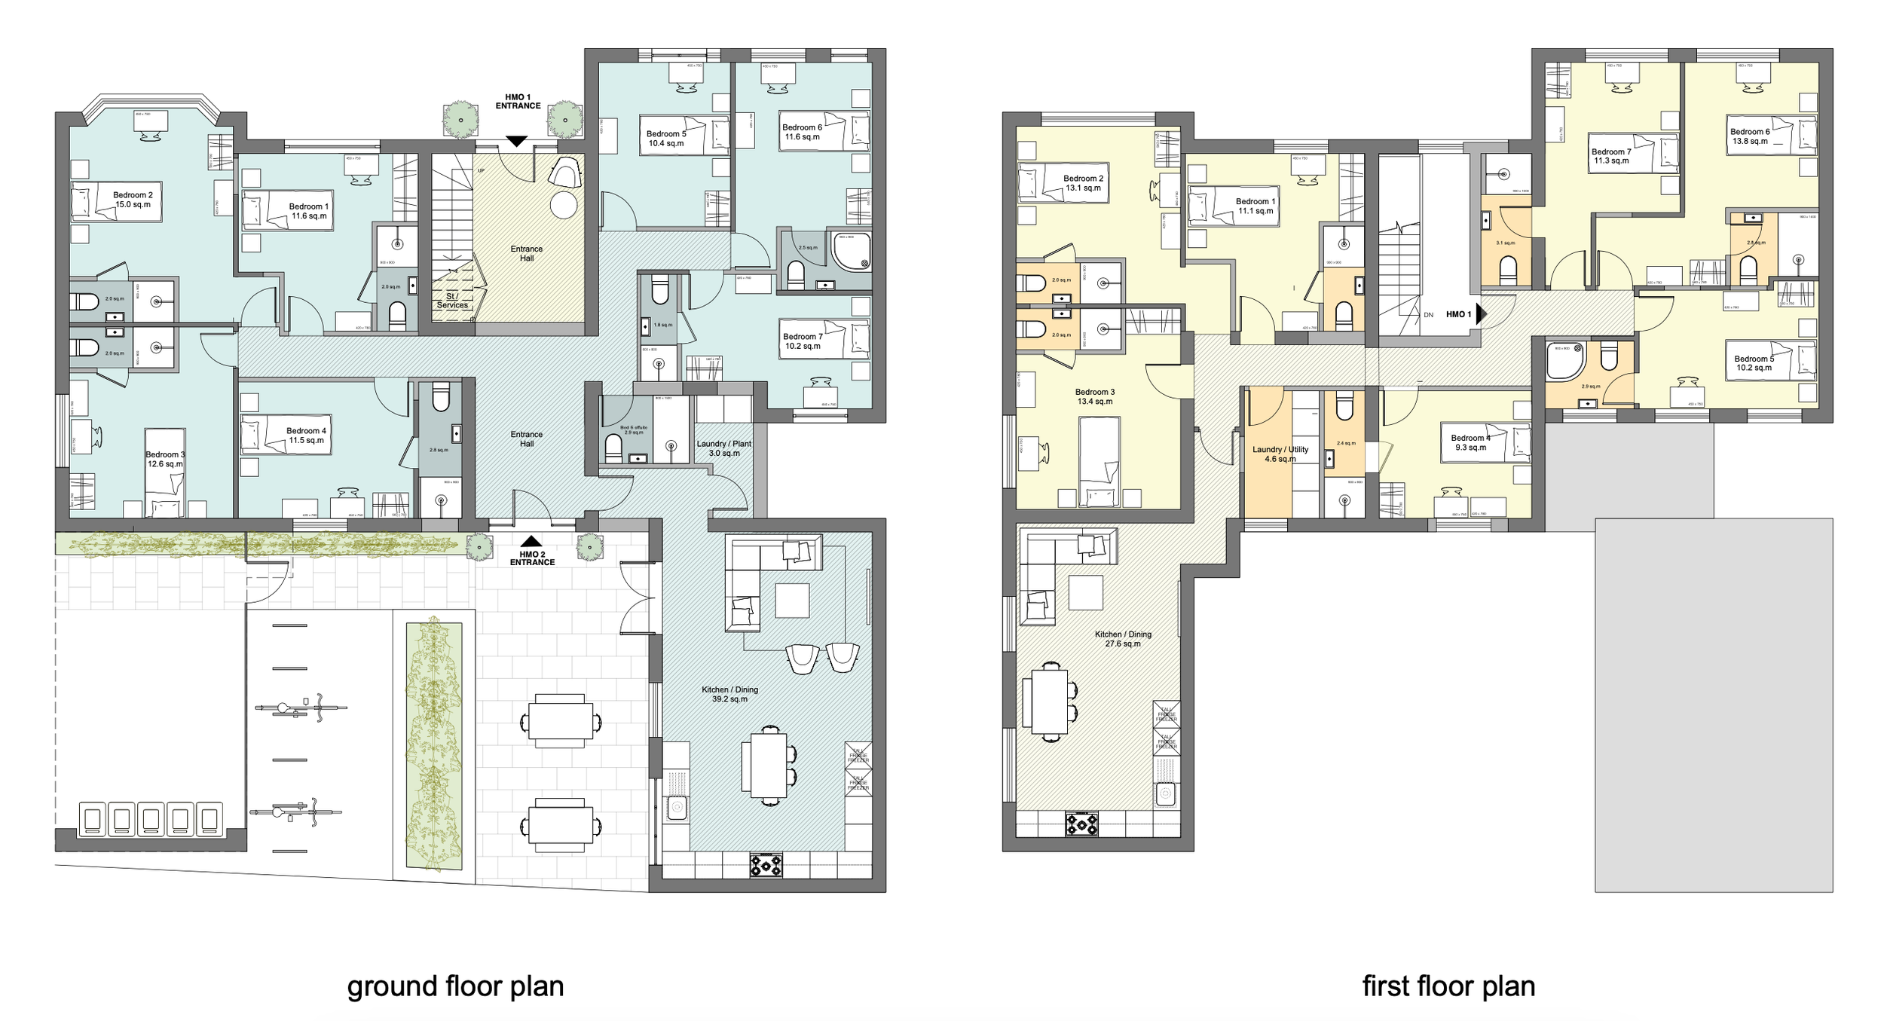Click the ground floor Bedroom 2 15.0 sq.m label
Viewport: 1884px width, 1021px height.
tap(133, 200)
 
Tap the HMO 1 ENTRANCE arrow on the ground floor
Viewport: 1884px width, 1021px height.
tap(516, 141)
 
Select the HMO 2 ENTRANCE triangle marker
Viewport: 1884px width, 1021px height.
tap(531, 540)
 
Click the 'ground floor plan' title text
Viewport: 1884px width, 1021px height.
tap(455, 986)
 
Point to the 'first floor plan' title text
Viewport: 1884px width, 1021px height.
tap(1448, 986)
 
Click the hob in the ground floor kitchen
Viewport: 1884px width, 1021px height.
tap(766, 865)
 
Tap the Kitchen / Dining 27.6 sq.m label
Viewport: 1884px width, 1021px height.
tap(1123, 639)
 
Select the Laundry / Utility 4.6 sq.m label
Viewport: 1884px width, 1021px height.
tap(1280, 454)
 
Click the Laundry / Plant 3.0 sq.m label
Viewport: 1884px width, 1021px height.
tap(723, 448)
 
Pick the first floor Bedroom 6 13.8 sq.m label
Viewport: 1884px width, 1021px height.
tap(1750, 136)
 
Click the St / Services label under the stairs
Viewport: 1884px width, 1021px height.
tap(452, 301)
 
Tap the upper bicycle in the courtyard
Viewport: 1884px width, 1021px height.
tap(301, 708)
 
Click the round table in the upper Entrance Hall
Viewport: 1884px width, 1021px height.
tap(564, 205)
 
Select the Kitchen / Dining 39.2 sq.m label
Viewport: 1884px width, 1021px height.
tap(729, 694)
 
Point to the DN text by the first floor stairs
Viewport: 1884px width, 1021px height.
tap(1429, 315)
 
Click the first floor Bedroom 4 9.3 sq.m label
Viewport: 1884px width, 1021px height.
tap(1470, 442)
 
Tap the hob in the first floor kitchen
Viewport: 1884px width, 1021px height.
tap(1081, 824)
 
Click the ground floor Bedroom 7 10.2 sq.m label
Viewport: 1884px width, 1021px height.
tap(803, 341)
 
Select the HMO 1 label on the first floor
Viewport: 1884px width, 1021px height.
tap(1458, 314)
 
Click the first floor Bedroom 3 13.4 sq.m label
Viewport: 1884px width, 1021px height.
tap(1094, 396)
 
